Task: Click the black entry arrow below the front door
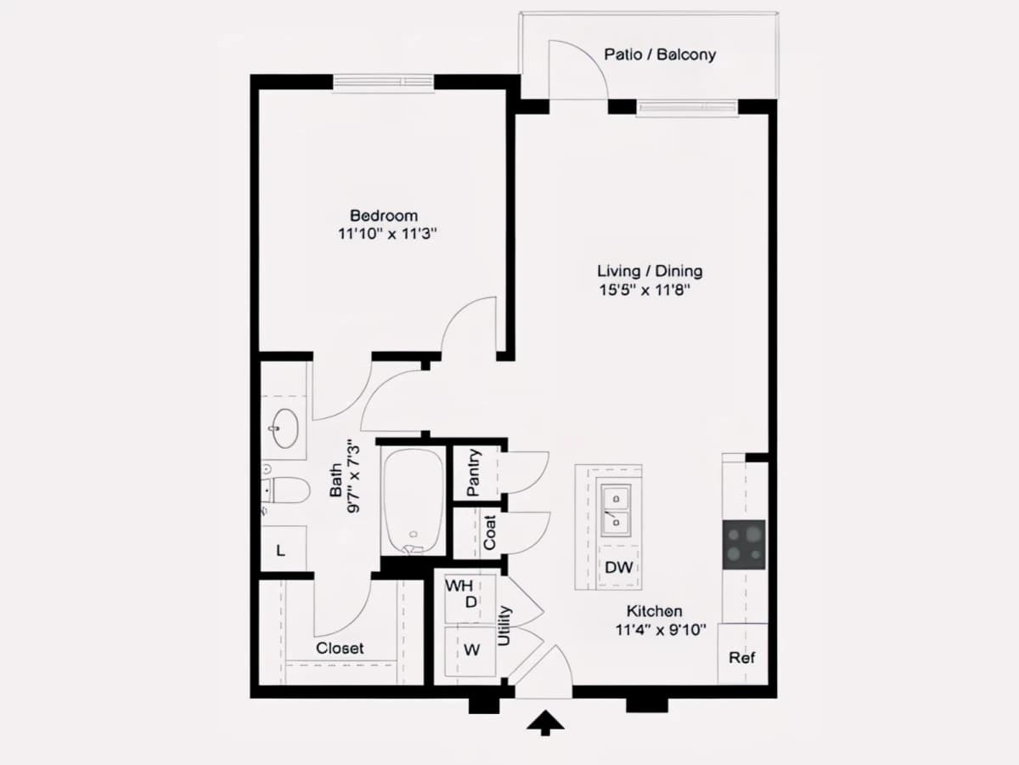tap(545, 722)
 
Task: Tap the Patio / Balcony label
tap(660, 54)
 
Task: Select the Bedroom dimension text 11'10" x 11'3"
tap(387, 233)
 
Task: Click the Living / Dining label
tap(650, 271)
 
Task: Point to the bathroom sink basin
tap(284, 428)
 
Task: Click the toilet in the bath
tap(285, 490)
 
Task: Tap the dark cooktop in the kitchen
tap(744, 545)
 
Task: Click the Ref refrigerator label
tap(742, 657)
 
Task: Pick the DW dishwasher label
tap(619, 567)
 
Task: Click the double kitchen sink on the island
tap(616, 511)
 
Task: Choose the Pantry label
tap(474, 473)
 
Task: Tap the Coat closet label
tap(490, 532)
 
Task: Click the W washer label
tap(471, 649)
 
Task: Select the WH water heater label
tap(459, 586)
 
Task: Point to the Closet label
tap(340, 648)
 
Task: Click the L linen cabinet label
tap(280, 551)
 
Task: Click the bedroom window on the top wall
tap(384, 82)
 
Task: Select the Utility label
tap(504, 626)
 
